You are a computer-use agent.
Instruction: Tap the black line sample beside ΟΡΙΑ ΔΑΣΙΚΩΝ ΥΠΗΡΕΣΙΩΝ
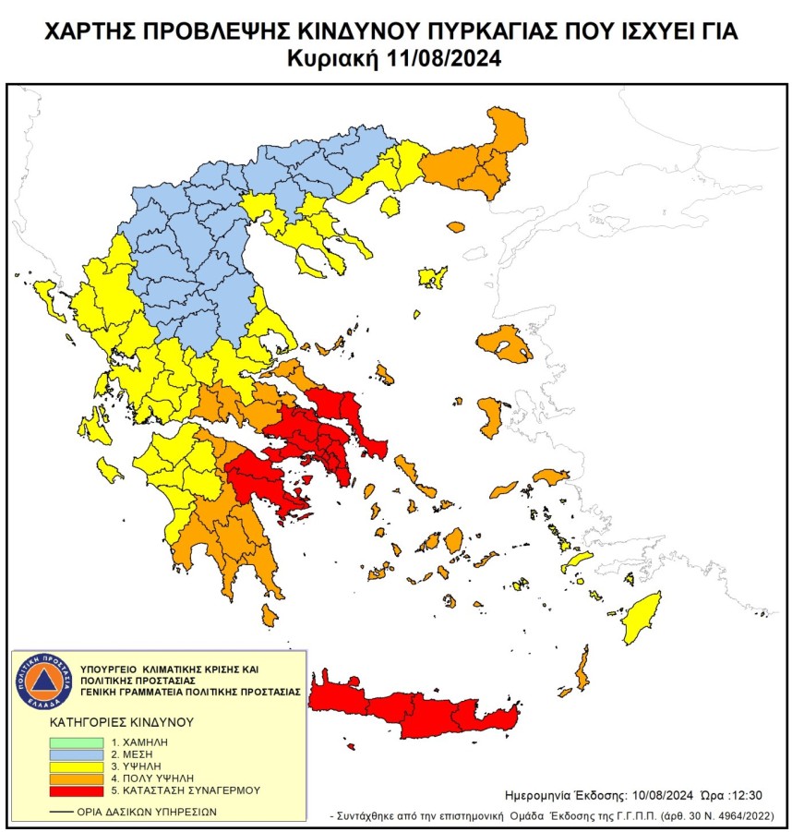click(x=62, y=812)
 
